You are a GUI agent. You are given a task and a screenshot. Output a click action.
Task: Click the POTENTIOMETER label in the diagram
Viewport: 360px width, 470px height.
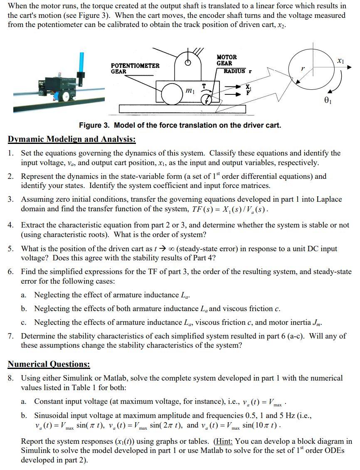click(135, 66)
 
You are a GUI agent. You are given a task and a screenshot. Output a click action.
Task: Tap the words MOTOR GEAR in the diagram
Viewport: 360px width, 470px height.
click(227, 60)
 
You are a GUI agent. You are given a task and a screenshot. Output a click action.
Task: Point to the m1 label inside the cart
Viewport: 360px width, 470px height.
click(190, 90)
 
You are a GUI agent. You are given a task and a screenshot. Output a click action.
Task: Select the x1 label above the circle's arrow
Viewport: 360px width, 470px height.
click(340, 61)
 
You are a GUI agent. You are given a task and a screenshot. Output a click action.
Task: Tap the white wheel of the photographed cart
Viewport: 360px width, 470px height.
click(65, 96)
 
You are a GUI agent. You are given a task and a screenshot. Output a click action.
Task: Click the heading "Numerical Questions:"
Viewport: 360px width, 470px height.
click(49, 364)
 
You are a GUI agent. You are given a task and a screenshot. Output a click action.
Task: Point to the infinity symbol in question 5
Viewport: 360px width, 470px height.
click(170, 249)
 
